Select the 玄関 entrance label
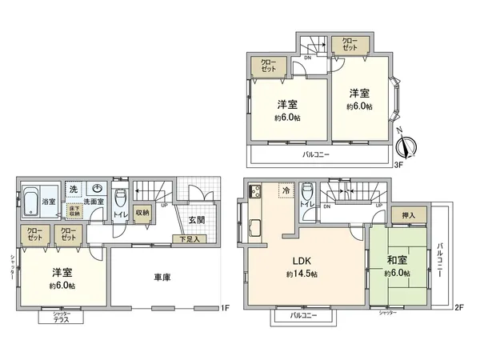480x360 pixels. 196,219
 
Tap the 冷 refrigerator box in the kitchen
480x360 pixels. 286,190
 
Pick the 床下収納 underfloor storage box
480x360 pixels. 75,210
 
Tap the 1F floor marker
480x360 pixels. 225,307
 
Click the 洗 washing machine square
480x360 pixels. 72,189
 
